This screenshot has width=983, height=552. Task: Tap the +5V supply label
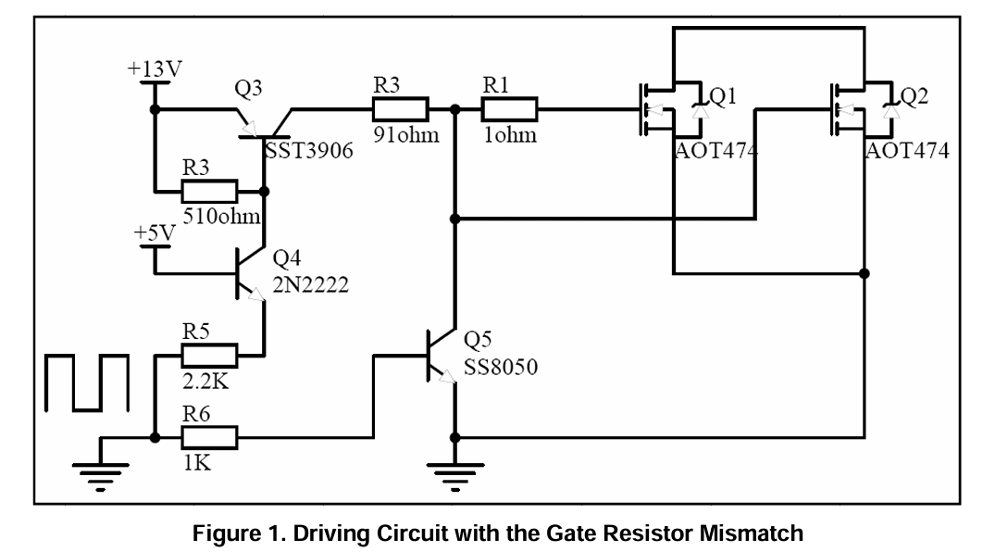pos(154,233)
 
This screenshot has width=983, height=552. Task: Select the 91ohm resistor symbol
pos(400,110)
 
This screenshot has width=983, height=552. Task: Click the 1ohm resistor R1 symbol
pos(509,110)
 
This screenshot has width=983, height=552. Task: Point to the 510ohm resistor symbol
pos(209,193)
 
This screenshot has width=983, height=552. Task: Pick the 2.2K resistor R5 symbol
pos(210,355)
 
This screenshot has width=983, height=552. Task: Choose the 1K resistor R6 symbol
pos(210,436)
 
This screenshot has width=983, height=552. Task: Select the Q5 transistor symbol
pos(441,355)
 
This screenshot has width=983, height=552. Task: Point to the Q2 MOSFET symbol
pos(862,110)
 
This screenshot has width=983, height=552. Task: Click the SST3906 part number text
pos(309,151)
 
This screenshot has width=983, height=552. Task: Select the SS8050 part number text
pos(501,368)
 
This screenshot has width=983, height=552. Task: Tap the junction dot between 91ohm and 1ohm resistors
pos(454,110)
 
